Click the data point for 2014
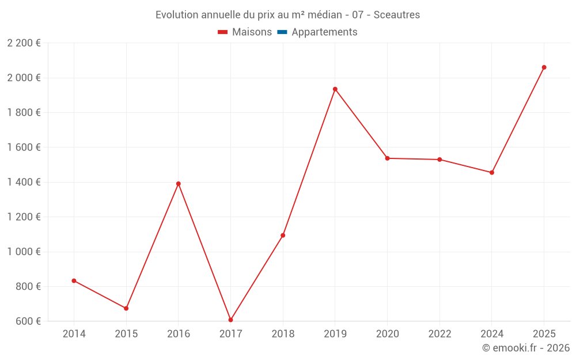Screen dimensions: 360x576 click(74, 281)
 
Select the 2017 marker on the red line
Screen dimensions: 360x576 click(230, 320)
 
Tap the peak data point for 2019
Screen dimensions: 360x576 click(335, 89)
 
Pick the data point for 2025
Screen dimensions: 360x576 click(544, 67)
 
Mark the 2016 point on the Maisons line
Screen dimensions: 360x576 click(178, 184)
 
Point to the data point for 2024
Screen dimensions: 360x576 click(491, 172)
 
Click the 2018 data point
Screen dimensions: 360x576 click(283, 235)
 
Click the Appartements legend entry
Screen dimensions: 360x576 click(324, 32)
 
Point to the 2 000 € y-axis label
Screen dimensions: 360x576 click(24, 78)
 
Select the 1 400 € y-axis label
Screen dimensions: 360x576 click(24, 182)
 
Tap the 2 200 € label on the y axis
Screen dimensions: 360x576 click(24, 43)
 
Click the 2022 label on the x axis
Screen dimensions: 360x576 click(439, 334)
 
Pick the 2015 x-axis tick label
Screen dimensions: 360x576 click(126, 334)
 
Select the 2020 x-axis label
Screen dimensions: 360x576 click(387, 334)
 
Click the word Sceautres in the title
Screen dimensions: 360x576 click(397, 14)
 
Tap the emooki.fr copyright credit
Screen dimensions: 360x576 click(526, 348)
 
